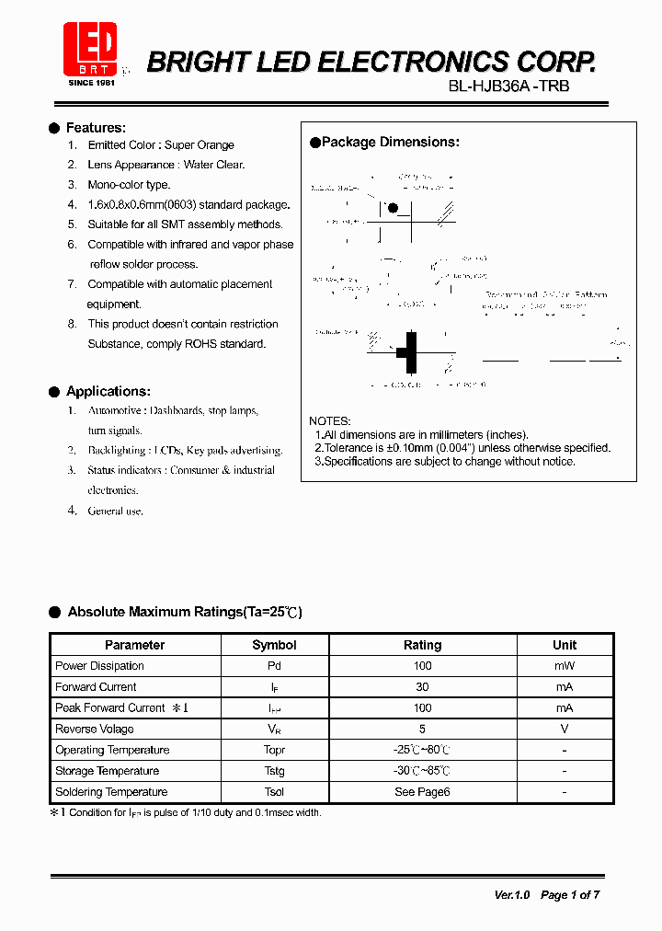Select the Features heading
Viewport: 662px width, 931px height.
pos(96,128)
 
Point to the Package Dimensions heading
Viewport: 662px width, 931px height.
pos(390,143)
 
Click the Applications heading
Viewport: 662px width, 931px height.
pos(108,391)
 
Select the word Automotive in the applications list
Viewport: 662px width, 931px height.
pos(115,410)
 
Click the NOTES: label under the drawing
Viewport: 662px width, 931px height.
pos(329,420)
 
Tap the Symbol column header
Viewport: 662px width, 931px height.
pos(274,645)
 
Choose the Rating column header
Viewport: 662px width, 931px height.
pos(422,645)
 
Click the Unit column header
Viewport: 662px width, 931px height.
pos(565,645)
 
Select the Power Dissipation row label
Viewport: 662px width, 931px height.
pos(99,666)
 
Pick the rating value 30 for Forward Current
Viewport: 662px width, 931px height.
pos(422,687)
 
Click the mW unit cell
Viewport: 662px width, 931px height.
pos(565,666)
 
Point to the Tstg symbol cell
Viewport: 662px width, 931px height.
pos(274,771)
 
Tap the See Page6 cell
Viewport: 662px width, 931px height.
pos(422,792)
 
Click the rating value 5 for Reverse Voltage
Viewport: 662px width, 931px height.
pos(422,729)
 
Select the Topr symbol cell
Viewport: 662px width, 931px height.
pos(274,750)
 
